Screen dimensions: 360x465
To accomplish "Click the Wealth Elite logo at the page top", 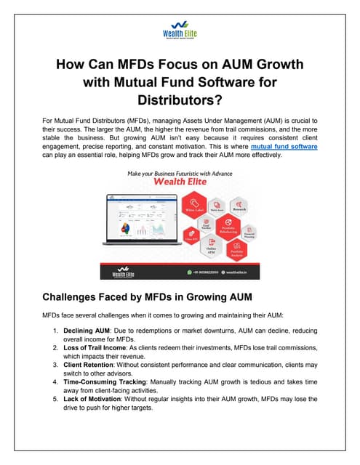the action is point(180,33).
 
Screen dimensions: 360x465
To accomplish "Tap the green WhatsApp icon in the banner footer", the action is point(190,271).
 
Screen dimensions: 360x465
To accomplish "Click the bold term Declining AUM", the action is point(89,331).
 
